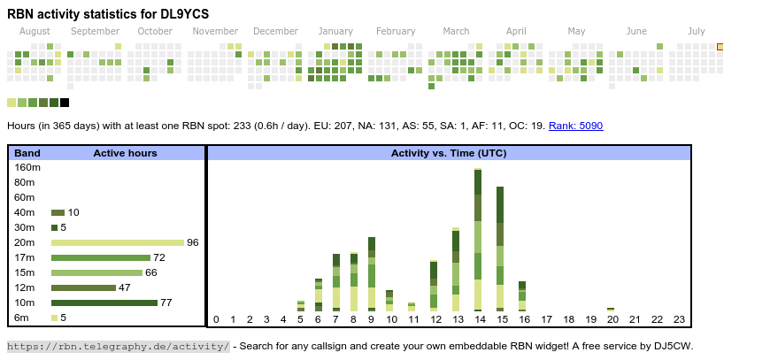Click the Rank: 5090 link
coord(575,126)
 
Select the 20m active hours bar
coord(117,242)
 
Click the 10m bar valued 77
coord(104,303)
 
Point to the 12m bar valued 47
coord(83,287)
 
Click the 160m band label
coord(28,167)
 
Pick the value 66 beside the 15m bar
coord(151,272)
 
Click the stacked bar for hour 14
coord(478,239)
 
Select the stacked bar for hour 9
coord(372,273)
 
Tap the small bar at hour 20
coord(612,309)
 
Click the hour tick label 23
coord(680,319)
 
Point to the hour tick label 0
coord(216,319)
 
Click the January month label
coord(335,32)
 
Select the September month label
coord(95,32)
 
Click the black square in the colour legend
coord(65,103)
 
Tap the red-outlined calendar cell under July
coord(720,47)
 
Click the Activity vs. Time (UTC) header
coord(449,153)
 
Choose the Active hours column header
coord(125,153)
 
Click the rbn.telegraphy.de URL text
coord(119,346)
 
